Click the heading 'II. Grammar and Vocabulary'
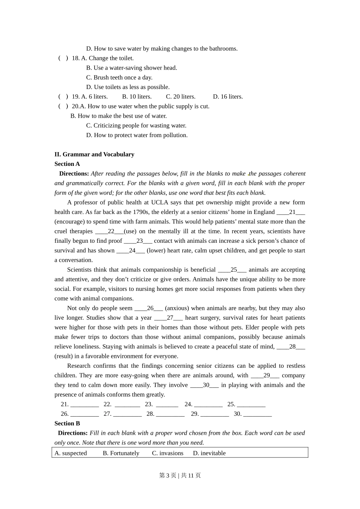94,154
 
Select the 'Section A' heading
67,164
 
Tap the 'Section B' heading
67,423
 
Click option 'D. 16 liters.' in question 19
228,97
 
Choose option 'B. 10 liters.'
137,97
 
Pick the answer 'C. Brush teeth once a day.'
119,77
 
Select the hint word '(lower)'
156,250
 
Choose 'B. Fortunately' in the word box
121,453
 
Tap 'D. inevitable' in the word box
209,453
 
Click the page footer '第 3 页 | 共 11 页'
180,475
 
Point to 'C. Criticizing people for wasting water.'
136,125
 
